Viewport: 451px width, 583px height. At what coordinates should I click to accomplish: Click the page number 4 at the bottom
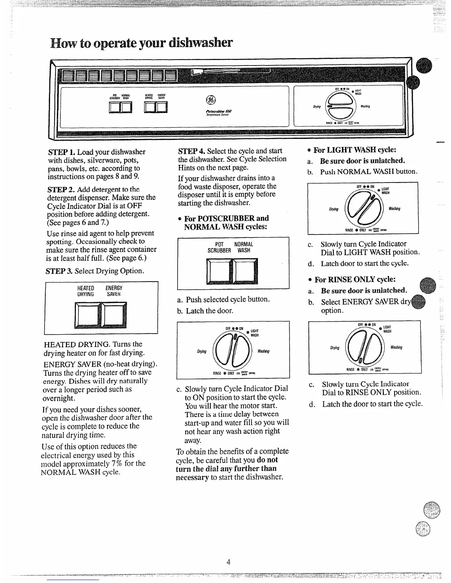point(228,562)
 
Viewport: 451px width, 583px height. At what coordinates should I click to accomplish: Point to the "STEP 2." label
point(61,190)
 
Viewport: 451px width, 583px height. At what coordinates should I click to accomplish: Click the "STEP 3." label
point(59,271)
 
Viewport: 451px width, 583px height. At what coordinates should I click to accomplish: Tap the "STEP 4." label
point(192,151)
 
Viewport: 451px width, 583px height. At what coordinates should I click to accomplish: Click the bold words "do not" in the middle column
point(268,460)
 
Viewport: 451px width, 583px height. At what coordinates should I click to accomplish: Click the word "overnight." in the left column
point(59,399)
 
